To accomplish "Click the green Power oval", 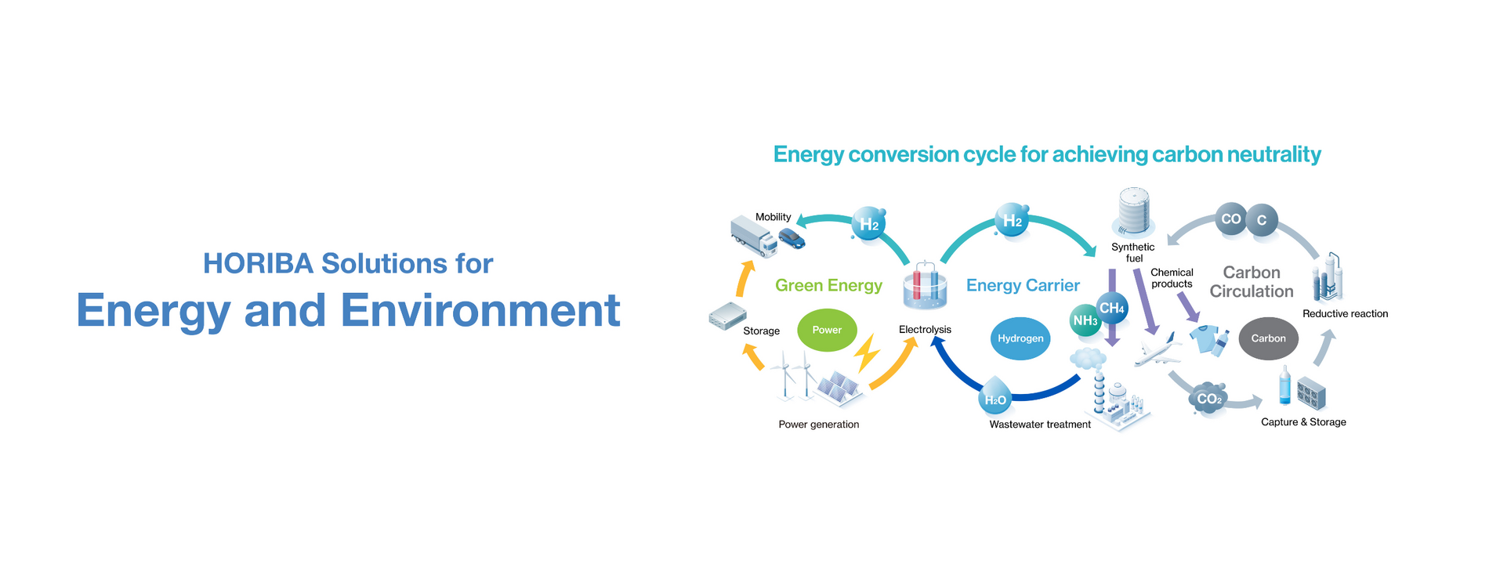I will click(827, 331).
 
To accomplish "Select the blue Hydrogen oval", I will click(1020, 338).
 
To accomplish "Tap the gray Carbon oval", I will click(1268, 338).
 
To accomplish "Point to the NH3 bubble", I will click(1085, 320).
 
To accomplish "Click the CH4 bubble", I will click(1112, 308).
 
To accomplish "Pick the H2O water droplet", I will click(995, 399).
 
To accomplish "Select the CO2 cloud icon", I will click(1208, 399).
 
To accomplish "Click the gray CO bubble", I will click(1230, 219).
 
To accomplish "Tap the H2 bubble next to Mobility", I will click(868, 224).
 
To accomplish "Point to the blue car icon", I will click(792, 237).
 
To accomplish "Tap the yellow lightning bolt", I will click(867, 353).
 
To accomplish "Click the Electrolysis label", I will click(925, 330).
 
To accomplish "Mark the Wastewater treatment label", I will click(1040, 425).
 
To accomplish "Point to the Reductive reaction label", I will click(1345, 314).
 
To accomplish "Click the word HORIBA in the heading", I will click(258, 264).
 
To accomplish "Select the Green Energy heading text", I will click(828, 286).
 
